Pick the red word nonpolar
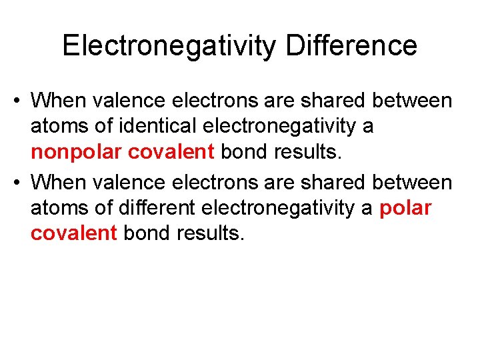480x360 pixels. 77,153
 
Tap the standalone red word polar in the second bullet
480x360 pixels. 405,207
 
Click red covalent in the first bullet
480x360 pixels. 171,153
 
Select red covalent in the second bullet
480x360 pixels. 74,233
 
